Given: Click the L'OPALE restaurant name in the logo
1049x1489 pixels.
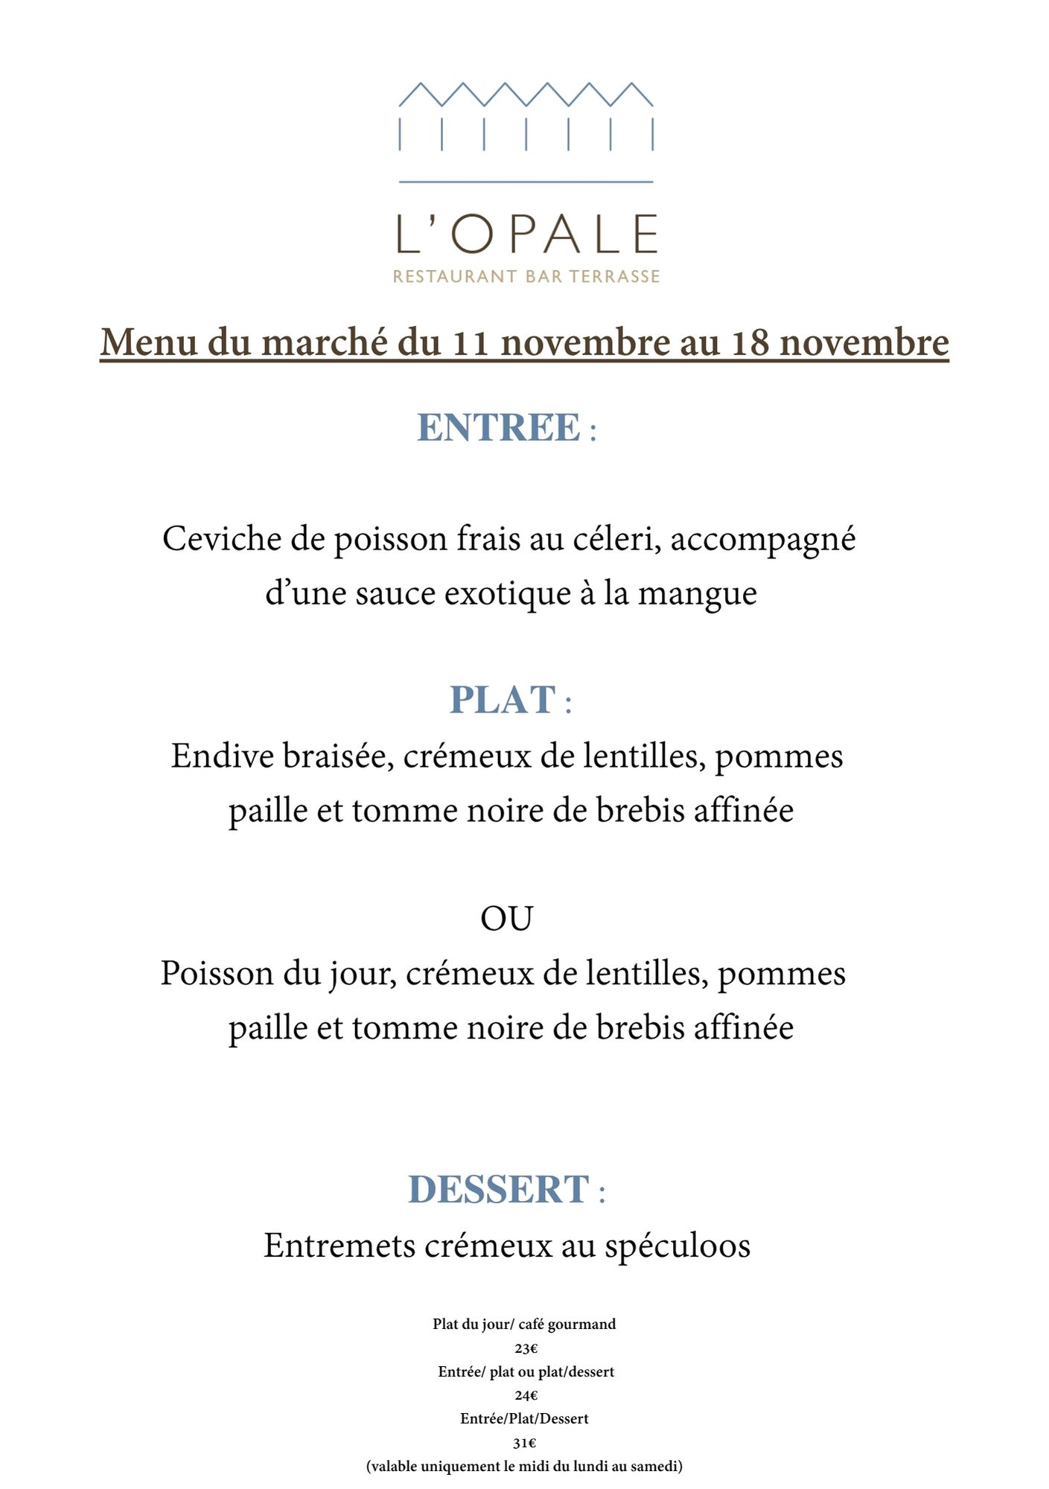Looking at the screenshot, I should point(526,235).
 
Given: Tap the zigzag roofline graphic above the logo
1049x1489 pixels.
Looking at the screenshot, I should point(526,95).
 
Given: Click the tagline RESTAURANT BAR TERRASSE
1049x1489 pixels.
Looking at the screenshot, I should point(526,276).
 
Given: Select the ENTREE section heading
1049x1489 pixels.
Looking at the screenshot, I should point(499,427).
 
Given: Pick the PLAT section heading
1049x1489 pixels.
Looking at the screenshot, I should point(503,700).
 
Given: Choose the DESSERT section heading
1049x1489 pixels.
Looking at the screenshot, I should point(500,1189).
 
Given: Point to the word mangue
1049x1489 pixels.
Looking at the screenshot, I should point(697,593).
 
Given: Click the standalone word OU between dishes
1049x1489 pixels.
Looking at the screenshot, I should point(506,919).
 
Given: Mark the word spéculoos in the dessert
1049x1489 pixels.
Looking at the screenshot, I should point(677,1246).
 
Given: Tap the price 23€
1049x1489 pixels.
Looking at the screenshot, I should point(526,1348).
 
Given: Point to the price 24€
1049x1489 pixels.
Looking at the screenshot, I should point(526,1395).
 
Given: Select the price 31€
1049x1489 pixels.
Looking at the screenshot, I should point(524,1443).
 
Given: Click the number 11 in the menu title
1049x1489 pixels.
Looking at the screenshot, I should point(472,342).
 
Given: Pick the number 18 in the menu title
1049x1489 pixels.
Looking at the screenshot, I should point(750,342).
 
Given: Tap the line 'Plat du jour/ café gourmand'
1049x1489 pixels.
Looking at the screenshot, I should point(524,1324).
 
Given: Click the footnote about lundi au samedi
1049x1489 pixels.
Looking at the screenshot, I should point(524,1467).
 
